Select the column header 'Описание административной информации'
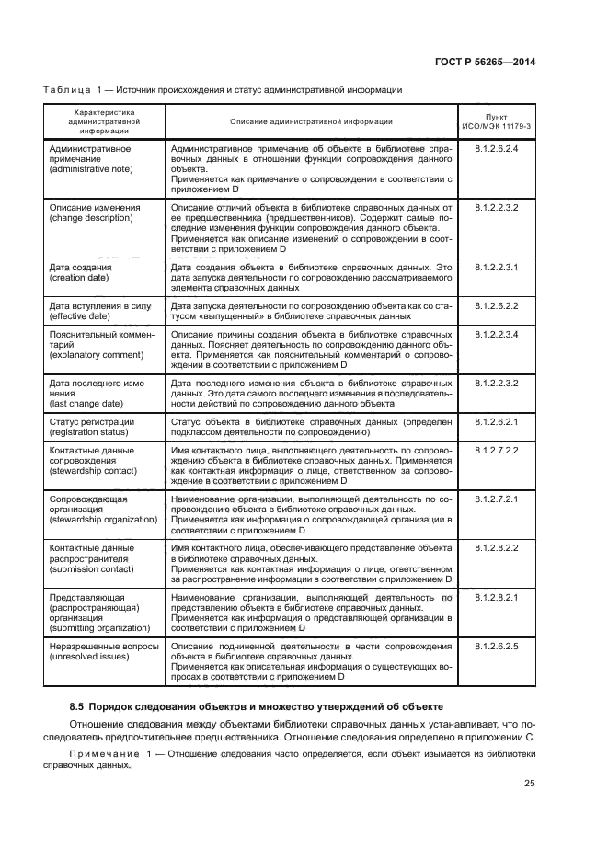(311, 120)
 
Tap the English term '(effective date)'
(79, 316)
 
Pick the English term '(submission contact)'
(92, 569)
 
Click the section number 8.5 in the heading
(77, 707)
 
